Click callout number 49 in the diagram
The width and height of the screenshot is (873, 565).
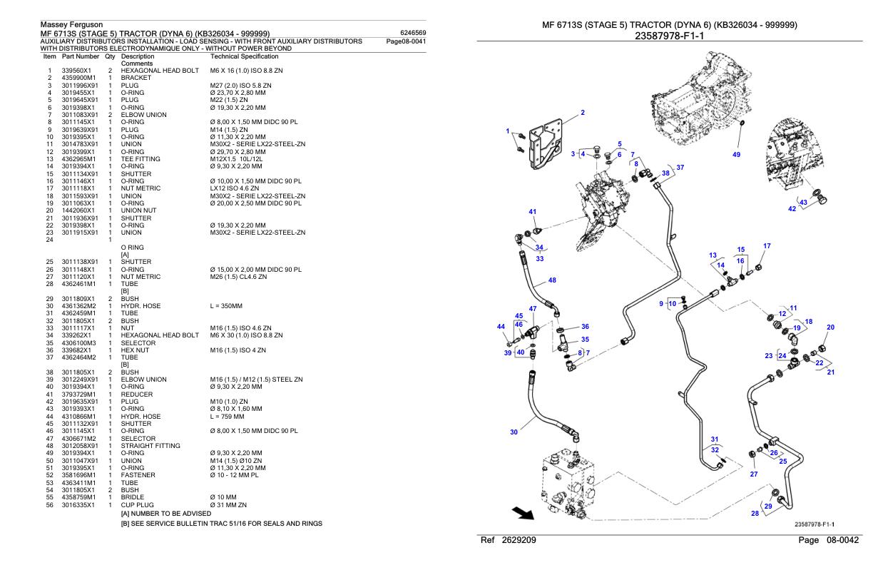click(737, 154)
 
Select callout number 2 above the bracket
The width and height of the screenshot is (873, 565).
click(583, 113)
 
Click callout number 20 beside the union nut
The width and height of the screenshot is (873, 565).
click(830, 327)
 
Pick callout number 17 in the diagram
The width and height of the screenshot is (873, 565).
click(767, 246)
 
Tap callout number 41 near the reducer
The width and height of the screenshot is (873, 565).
click(532, 211)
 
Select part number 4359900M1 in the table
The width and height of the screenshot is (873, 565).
click(80, 78)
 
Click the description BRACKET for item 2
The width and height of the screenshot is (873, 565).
click(136, 78)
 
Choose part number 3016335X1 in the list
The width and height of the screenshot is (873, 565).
click(79, 504)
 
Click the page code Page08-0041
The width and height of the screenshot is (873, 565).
click(406, 41)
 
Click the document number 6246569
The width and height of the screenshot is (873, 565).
click(414, 33)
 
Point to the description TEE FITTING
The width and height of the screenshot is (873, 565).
click(141, 158)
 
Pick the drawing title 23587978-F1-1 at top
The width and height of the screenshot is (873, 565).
click(670, 36)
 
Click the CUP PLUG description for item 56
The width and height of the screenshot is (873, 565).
click(138, 504)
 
